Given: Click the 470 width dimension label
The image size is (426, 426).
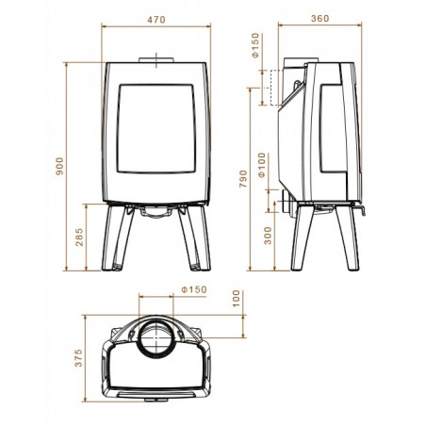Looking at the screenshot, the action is point(156,20).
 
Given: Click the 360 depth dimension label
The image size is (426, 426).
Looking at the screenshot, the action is point(320,19).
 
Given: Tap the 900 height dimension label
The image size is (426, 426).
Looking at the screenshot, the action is point(59,166).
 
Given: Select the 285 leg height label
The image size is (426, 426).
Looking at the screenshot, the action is point(79,237).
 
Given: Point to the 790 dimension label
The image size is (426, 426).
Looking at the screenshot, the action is point(243,179).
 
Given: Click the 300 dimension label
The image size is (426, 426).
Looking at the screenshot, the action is point(268,236).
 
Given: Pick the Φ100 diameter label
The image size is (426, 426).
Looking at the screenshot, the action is point(262,165).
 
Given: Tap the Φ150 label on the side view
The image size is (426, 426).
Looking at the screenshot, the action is point(255,45).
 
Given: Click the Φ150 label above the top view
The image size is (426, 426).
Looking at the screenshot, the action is point(194,289).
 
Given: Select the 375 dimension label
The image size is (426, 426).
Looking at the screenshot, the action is point(78,357).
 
